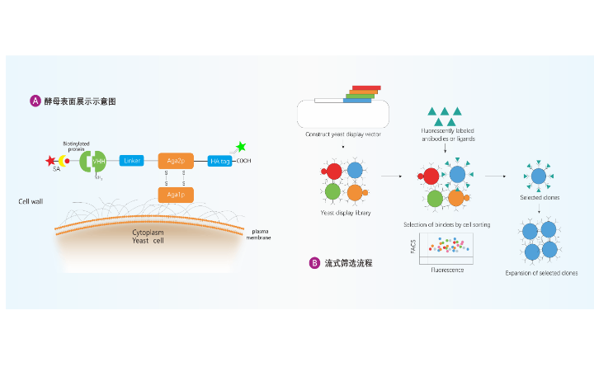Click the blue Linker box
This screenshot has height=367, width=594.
click(x=132, y=161)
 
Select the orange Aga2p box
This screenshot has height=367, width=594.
click(x=175, y=161)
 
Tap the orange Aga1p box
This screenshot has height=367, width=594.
click(x=175, y=195)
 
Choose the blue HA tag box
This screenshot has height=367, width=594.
click(x=219, y=161)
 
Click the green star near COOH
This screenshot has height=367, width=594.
click(x=241, y=147)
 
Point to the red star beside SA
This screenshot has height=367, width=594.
click(x=50, y=160)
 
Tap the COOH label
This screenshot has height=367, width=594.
click(x=244, y=161)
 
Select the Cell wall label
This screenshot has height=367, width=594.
click(x=31, y=201)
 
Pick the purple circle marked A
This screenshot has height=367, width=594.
click(x=35, y=101)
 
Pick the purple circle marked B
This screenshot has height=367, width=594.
click(x=314, y=263)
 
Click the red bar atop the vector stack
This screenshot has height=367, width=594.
click(x=366, y=87)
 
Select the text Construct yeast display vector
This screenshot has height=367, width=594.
click(x=343, y=134)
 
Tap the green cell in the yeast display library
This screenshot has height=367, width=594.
click(x=332, y=191)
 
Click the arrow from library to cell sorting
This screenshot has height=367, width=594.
click(x=391, y=176)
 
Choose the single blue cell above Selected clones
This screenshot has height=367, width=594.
click(x=538, y=176)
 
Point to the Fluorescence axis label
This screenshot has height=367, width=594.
click(x=447, y=270)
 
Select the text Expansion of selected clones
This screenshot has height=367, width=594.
click(x=548, y=273)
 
